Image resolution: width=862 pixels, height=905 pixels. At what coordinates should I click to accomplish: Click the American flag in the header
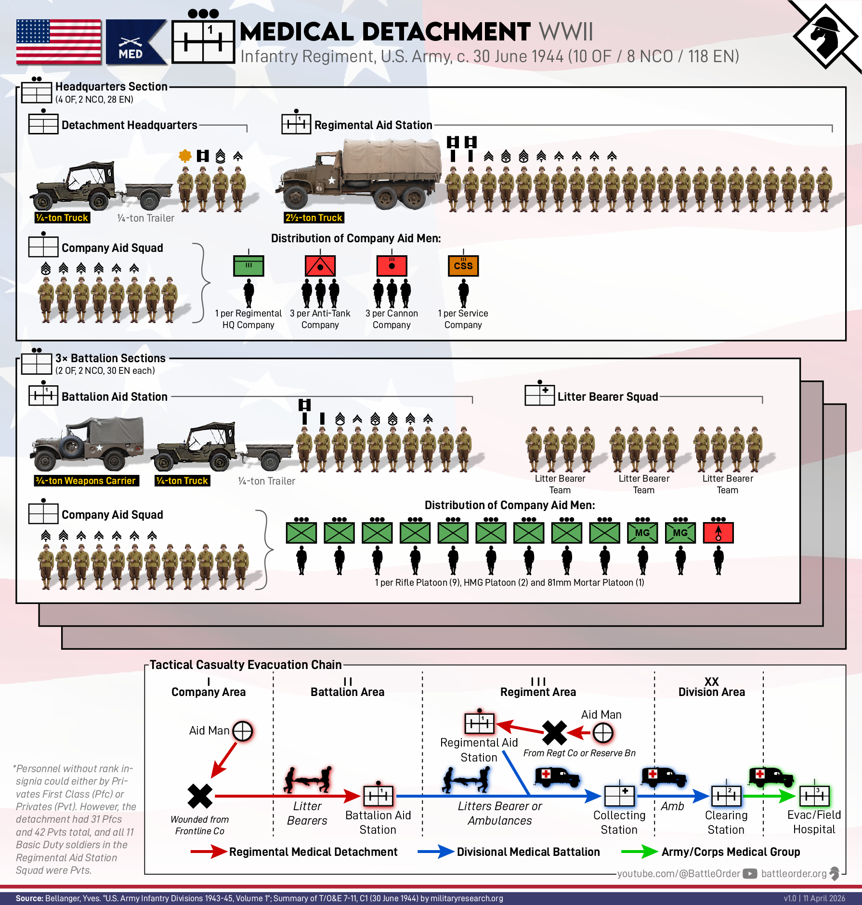point(59,42)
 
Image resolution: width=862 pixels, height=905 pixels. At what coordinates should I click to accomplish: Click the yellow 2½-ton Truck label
point(314,218)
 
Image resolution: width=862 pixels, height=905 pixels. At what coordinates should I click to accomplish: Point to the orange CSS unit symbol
point(463,266)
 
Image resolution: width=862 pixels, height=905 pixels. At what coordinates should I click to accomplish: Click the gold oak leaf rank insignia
point(185,156)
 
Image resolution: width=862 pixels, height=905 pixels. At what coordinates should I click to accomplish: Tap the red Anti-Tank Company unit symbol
point(320,266)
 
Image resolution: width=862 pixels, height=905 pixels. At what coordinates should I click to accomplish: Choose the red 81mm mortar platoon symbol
point(718,533)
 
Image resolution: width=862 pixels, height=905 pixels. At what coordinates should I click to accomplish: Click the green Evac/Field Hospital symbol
point(814,796)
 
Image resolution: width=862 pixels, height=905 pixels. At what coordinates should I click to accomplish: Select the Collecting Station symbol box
point(619,796)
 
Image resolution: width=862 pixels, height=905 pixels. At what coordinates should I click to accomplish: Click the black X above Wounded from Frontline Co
point(200,796)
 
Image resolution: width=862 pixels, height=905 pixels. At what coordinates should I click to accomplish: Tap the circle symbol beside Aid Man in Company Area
point(242,731)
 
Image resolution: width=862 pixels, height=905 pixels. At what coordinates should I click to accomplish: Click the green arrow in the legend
point(640,852)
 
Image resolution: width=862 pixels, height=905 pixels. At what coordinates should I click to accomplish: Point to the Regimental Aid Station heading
point(373,125)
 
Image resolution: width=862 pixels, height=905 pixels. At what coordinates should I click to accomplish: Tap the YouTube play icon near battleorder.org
point(750,874)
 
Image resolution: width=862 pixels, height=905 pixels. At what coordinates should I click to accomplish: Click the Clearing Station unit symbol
point(726,796)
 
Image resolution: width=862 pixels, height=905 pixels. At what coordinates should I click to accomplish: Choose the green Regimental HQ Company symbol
point(248,266)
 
